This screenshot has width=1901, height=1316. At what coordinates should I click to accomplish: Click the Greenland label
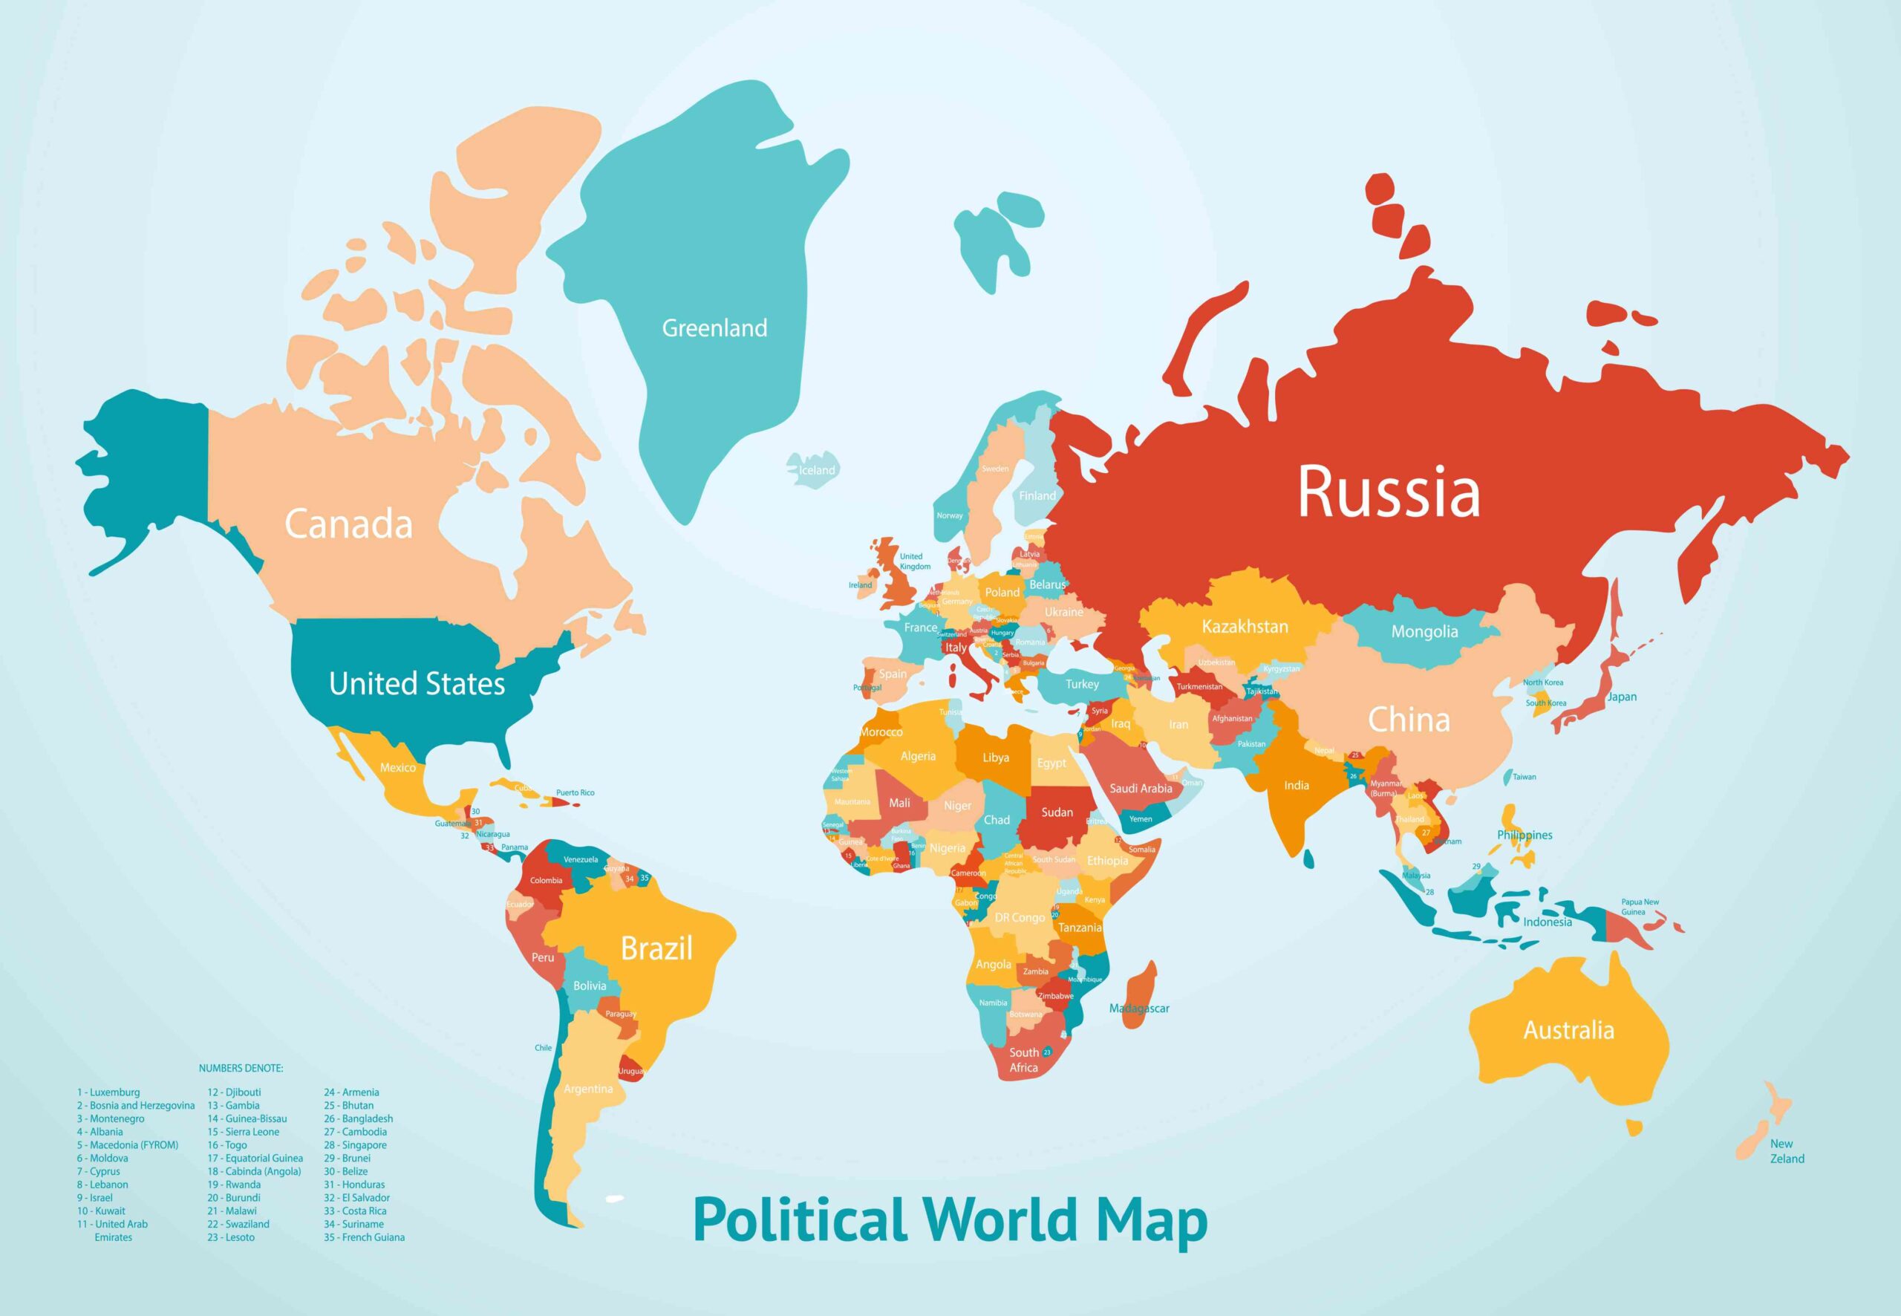point(714,328)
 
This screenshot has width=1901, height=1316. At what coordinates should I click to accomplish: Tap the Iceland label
point(816,470)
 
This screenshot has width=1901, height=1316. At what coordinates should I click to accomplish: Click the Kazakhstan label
point(1244,627)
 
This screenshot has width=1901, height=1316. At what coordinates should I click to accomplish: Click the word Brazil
point(656,948)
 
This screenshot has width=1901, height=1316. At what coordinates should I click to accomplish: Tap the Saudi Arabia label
point(1140,788)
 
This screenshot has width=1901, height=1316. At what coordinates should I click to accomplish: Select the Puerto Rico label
point(575,792)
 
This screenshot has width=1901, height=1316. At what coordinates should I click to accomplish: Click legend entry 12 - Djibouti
point(234,1092)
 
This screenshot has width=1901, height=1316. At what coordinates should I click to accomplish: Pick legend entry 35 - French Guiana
point(364,1237)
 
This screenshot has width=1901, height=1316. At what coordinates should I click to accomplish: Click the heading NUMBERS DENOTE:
point(241,1068)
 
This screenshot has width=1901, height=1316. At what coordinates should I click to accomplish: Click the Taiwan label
point(1524,777)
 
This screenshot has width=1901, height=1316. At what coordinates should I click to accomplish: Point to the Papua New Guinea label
point(1639,907)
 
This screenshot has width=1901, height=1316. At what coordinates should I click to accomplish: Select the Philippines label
point(1525,835)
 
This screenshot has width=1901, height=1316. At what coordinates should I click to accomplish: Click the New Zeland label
point(1786,1151)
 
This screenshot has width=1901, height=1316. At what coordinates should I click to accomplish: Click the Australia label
point(1568,1030)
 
